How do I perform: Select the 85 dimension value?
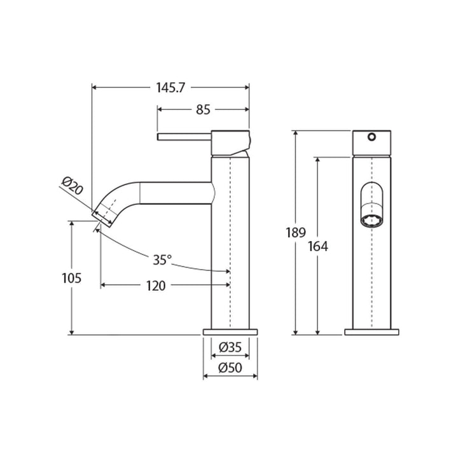(x=202, y=109)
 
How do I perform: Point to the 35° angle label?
(x=162, y=260)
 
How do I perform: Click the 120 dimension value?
(x=156, y=286)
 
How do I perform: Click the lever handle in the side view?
(x=184, y=136)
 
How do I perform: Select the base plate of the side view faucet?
(x=230, y=331)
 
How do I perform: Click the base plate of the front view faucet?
(x=371, y=331)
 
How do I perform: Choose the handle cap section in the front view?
(x=371, y=143)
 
